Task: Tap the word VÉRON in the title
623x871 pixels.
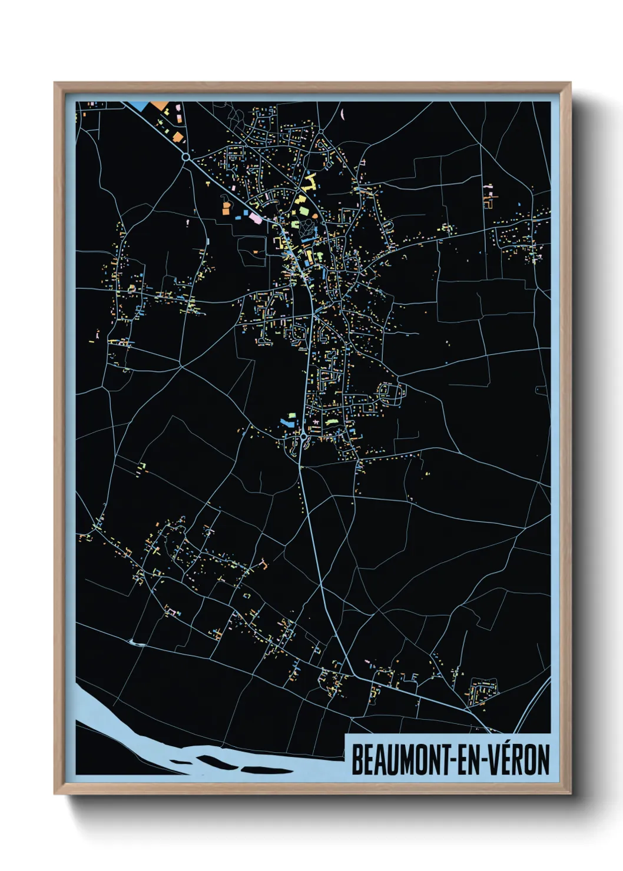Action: [519, 760]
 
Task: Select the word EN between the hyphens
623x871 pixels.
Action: [468, 760]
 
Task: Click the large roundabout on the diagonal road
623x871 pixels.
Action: [186, 157]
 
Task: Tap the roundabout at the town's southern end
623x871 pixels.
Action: [303, 437]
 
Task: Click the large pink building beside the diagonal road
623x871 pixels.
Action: [256, 218]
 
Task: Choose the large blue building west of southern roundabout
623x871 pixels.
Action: [287, 423]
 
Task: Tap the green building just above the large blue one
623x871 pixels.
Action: [290, 415]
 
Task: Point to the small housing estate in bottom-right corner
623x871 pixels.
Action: [483, 690]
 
